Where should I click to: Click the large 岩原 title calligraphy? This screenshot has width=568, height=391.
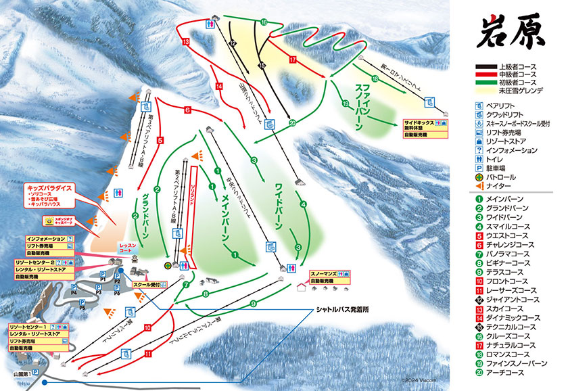point(513,32)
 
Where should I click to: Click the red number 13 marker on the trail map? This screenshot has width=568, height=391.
point(185,42)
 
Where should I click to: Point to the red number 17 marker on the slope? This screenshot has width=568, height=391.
point(293,60)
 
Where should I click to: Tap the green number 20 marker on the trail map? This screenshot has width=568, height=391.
point(292,122)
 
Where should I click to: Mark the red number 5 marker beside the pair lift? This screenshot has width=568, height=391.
point(160,140)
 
